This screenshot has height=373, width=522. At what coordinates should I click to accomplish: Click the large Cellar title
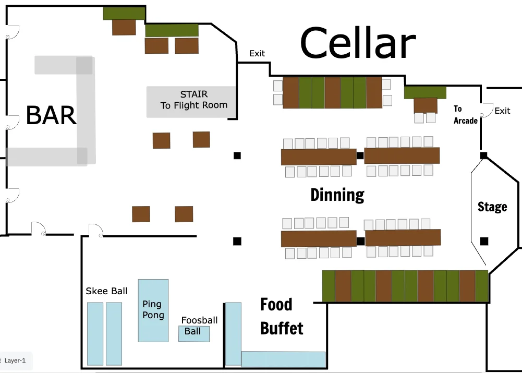pos(358,43)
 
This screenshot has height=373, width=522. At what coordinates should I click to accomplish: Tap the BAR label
pos(51,115)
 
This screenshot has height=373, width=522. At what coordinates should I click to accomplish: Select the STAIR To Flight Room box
pos(191,102)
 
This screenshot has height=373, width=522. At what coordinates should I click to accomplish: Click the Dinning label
pos(337,195)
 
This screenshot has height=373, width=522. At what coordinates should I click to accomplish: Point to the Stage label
pos(492,207)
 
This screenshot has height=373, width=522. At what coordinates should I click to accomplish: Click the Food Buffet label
pos(282,316)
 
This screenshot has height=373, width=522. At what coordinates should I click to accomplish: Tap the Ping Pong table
pos(153,310)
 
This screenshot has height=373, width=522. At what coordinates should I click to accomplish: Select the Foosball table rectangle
pos(194,334)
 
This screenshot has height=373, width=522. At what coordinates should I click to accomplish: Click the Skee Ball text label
pos(106,291)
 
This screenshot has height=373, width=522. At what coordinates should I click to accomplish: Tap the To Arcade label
pos(465,115)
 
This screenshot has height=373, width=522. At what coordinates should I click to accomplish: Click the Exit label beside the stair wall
pos(257,53)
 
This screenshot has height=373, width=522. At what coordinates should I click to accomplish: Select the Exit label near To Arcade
pos(502,111)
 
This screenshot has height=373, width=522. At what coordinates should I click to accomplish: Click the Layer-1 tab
pos(15,360)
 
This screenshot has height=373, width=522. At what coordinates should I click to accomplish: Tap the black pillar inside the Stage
pos(484,241)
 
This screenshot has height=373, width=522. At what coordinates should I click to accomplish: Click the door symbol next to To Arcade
pos(487,111)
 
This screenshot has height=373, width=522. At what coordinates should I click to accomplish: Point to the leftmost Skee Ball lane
pos(95,334)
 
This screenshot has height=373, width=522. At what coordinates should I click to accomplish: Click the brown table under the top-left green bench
pos(124,27)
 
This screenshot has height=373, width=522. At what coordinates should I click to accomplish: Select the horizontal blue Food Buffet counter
pos(283,359)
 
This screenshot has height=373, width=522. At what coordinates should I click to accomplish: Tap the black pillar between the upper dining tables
pos(360,155)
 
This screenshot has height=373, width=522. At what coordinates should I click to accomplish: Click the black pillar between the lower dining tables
pos(360,241)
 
